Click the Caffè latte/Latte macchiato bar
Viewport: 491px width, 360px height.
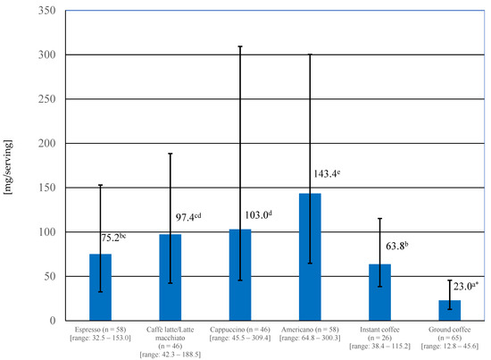pos(170,277)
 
